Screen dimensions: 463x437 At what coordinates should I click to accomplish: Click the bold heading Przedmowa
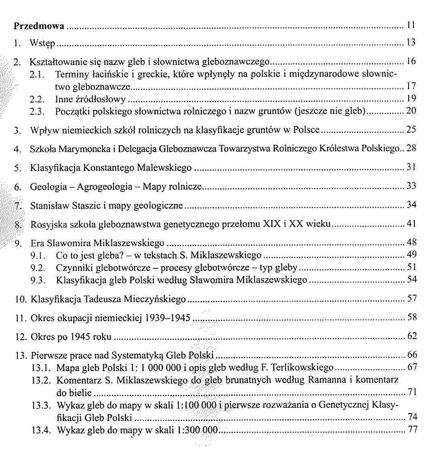39,27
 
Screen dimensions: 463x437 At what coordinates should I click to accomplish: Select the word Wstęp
42,43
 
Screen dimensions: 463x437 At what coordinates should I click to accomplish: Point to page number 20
411,111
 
